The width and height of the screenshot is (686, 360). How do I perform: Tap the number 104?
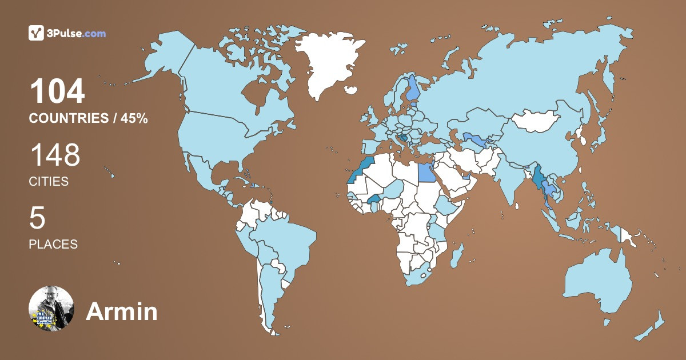[x=57, y=91]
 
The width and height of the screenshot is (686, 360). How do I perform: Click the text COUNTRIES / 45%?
[x=89, y=118]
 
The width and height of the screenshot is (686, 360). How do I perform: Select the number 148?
[x=55, y=155]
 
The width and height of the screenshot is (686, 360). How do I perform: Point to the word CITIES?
[x=49, y=182]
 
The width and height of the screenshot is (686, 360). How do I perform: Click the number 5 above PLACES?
[x=38, y=218]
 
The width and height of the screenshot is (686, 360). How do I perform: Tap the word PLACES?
[x=53, y=244]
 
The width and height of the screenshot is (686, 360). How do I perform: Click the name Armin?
[x=121, y=311]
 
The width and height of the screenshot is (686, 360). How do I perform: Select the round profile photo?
[x=51, y=309]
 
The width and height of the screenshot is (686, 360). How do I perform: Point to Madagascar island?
[x=456, y=255]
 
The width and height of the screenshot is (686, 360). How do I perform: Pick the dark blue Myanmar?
[x=539, y=177]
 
